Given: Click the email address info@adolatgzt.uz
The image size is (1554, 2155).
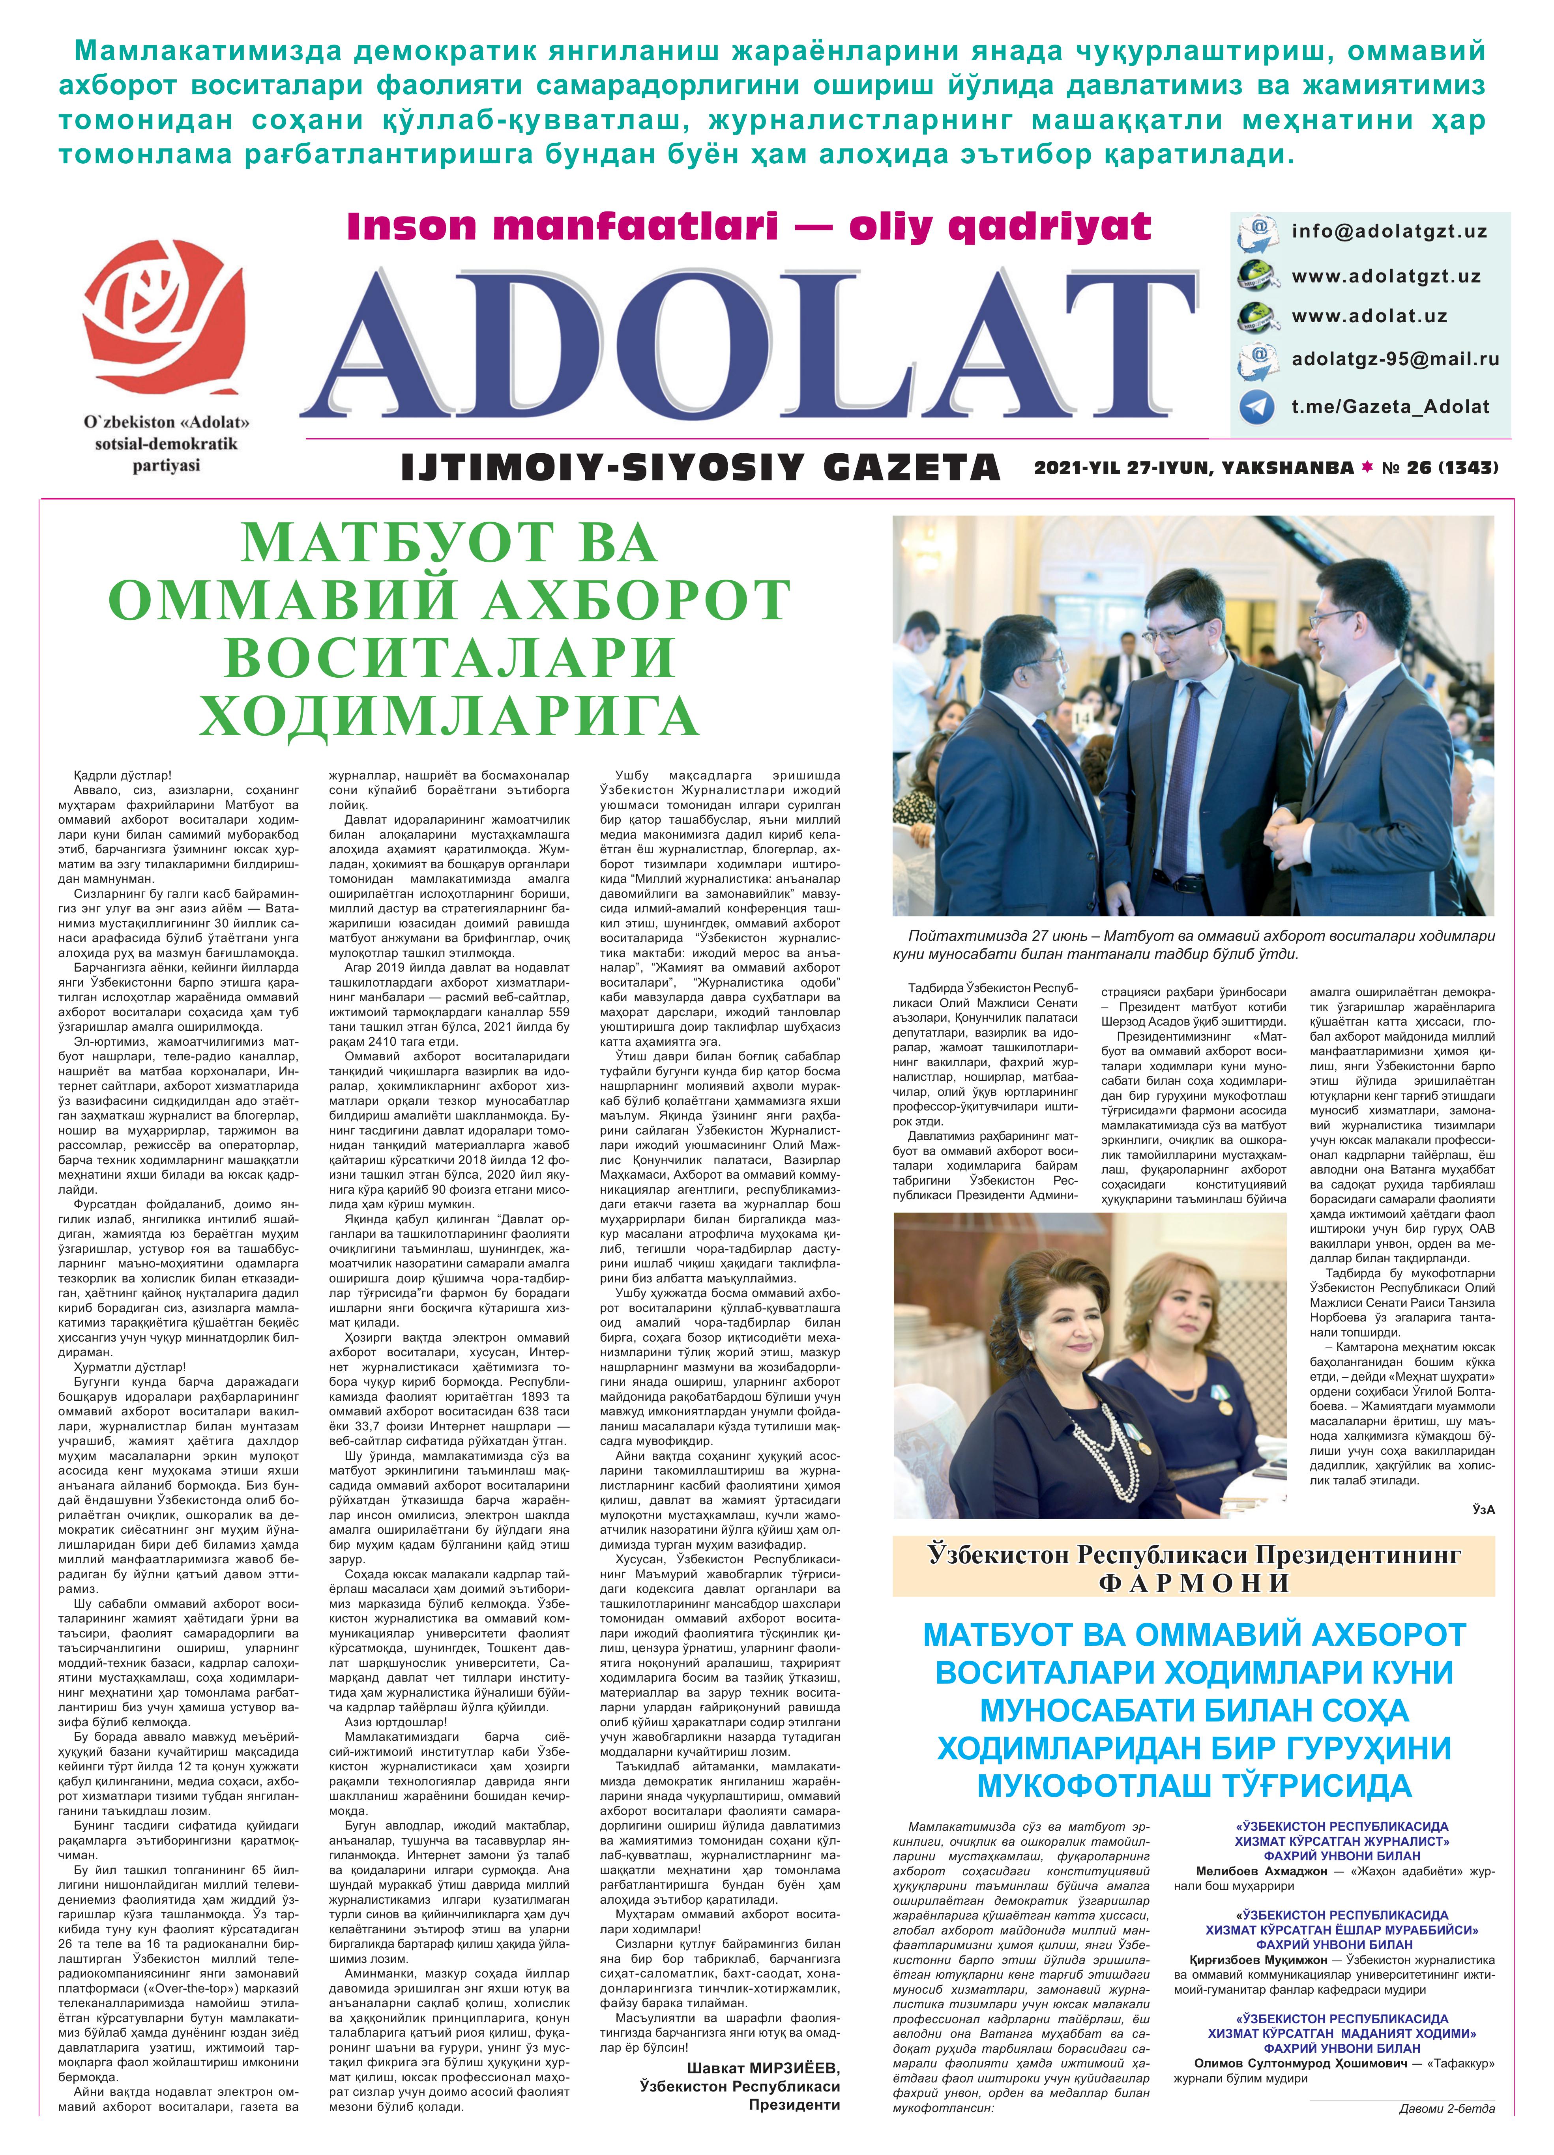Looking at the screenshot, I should [1389, 231].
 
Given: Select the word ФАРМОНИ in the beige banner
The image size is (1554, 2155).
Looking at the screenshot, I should [1194, 1582].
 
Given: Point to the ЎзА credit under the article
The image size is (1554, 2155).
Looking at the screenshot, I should [1483, 1509].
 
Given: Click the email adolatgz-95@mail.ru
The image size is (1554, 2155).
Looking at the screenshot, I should [1394, 359].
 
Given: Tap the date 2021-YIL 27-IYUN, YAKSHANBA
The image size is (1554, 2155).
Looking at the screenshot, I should [1193, 467].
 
